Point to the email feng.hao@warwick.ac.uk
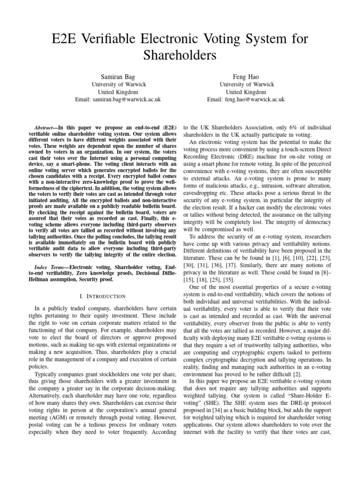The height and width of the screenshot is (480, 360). tap(246, 100)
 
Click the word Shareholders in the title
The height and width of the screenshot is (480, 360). tap(180, 55)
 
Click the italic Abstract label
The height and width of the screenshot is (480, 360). tap(46, 127)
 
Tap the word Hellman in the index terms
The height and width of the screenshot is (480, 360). tap(46, 279)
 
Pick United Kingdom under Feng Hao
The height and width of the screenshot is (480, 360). tap(246, 92)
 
